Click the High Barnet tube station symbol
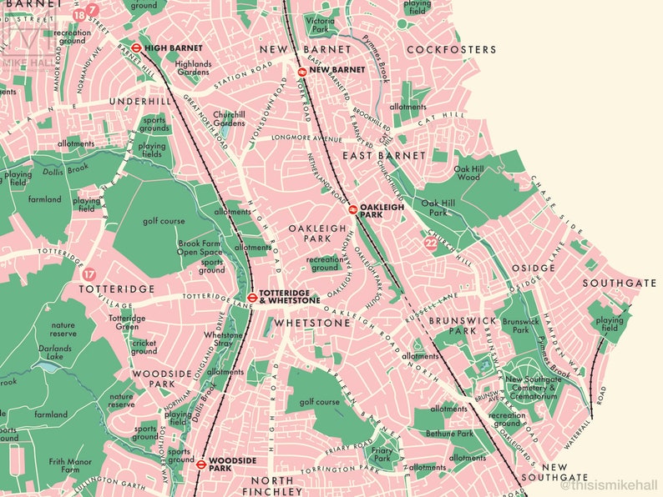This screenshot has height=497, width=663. tap(136, 48)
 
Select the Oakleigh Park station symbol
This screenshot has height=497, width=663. tap(352, 209)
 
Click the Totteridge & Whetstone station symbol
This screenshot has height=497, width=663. tap(251, 296)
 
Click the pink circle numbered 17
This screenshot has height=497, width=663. tap(89, 274)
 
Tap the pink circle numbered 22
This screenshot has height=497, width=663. tap(430, 243)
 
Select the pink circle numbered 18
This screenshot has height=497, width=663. tap(78, 15)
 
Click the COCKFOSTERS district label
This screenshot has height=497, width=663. tap(451, 50)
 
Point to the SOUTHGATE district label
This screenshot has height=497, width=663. tap(619, 284)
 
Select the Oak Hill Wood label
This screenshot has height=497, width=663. tap(468, 173)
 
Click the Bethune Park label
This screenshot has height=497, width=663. tap(453, 434)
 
